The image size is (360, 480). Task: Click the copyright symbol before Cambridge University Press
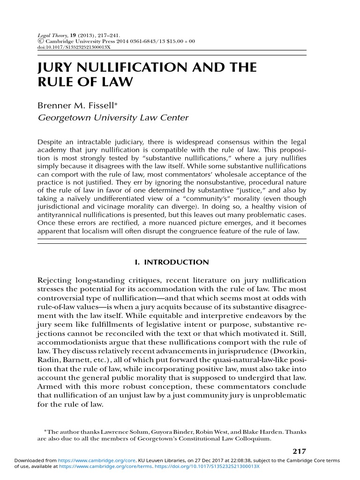pos(39,41)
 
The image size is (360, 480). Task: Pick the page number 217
pos(299,451)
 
